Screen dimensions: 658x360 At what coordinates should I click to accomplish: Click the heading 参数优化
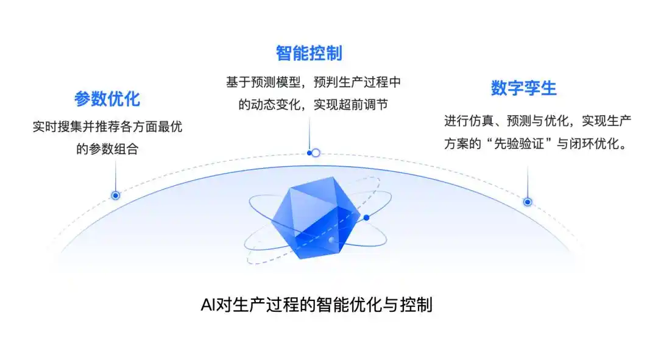point(107,99)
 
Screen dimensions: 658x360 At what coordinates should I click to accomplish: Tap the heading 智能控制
point(309,54)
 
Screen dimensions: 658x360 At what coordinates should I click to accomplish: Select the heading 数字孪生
point(523,88)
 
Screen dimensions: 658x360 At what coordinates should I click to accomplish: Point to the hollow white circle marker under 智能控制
point(316,153)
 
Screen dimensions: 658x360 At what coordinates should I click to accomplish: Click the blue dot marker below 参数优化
point(115,196)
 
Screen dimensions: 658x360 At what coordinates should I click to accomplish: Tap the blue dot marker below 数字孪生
point(528,202)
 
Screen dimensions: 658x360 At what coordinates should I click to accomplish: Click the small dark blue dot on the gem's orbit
point(366,217)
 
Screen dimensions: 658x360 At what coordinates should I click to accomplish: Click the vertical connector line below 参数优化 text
point(115,177)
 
